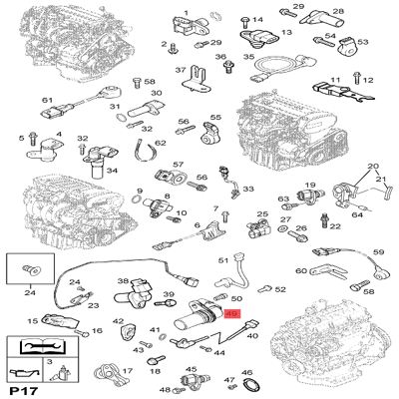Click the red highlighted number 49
[x=231, y=313]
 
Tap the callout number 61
[x=46, y=101]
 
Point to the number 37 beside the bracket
[x=181, y=70]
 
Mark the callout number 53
[x=362, y=43]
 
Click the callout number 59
[x=378, y=252]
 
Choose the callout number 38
[x=124, y=282]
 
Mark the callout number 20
[x=374, y=167]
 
